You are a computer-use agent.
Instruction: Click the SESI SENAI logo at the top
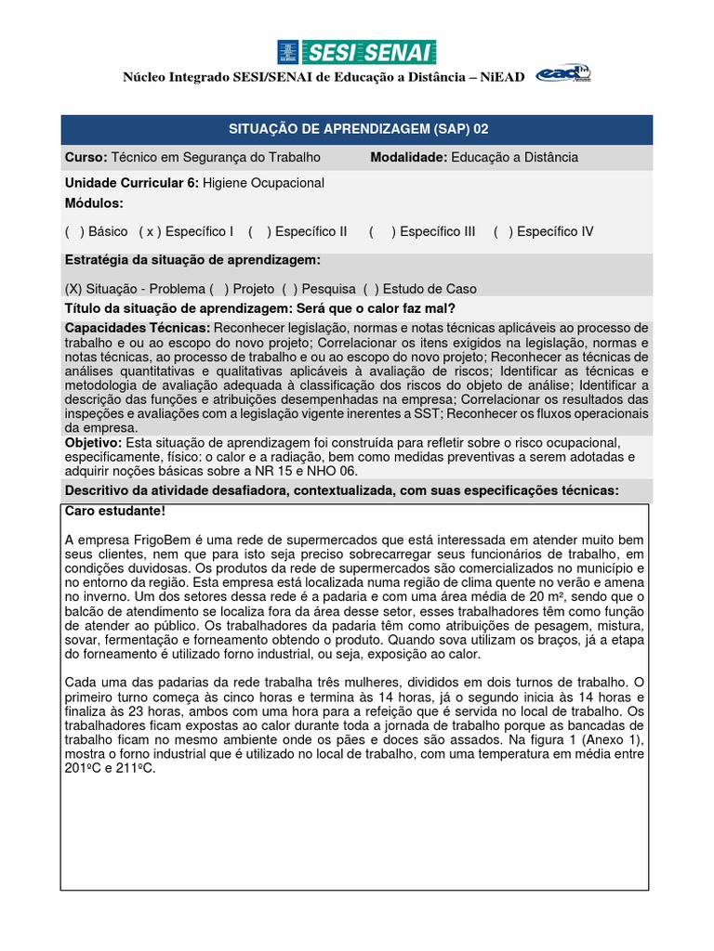[356, 53]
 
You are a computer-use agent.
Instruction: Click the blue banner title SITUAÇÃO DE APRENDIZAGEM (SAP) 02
[357, 130]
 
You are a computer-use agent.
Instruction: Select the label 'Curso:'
[86, 157]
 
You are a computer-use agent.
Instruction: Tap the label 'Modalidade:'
[409, 157]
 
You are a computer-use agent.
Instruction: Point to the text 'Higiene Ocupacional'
[263, 183]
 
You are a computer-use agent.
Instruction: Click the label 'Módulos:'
[94, 203]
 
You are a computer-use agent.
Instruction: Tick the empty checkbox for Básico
[74, 231]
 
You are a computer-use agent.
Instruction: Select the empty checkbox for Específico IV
[503, 231]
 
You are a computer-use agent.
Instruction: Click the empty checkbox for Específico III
[381, 231]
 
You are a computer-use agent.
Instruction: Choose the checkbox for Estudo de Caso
[370, 289]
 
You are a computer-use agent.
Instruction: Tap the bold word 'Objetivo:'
[93, 443]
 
